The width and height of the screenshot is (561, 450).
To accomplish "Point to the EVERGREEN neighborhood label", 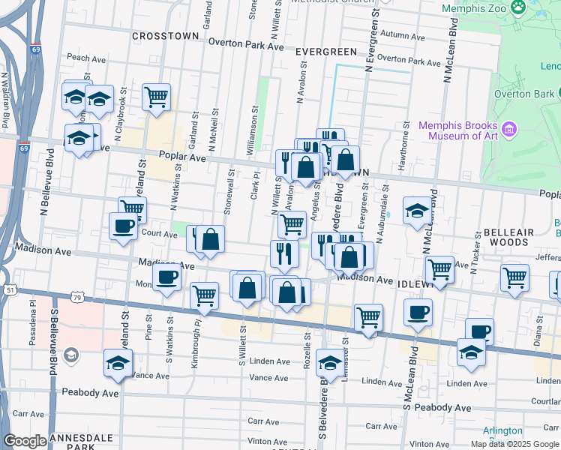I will [x=325, y=51].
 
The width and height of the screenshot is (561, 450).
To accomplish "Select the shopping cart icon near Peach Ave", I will [x=155, y=96].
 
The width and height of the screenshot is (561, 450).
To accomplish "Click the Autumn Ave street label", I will [x=402, y=34].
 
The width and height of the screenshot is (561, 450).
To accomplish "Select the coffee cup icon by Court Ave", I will [x=124, y=226].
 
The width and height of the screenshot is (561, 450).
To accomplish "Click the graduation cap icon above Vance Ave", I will [x=118, y=364].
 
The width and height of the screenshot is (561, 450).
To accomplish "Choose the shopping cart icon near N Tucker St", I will [x=514, y=277].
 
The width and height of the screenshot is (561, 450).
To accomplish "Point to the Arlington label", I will [x=502, y=431].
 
